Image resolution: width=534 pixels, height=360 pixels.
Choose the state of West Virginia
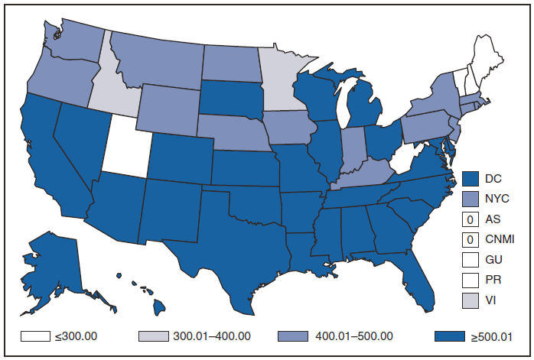click(398, 162)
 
